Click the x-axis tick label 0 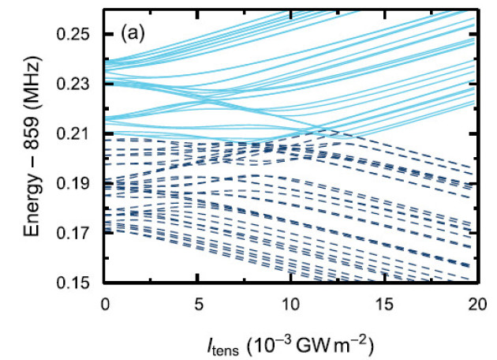[x=105, y=302]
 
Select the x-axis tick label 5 [x=198, y=302]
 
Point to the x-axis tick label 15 [x=383, y=302]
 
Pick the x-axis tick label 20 [x=476, y=302]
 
